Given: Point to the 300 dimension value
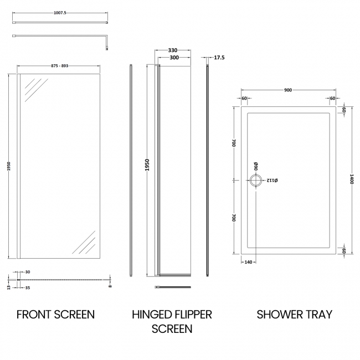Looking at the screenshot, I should click(173, 58).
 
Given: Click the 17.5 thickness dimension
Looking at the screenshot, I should click(219, 58).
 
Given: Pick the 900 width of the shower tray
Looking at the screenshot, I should click(289, 90).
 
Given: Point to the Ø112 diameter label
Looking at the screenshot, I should click(272, 181).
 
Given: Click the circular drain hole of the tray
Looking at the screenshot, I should click(256, 181).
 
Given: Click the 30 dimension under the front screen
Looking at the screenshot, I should click(28, 271).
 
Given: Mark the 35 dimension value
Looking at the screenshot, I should click(28, 288).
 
